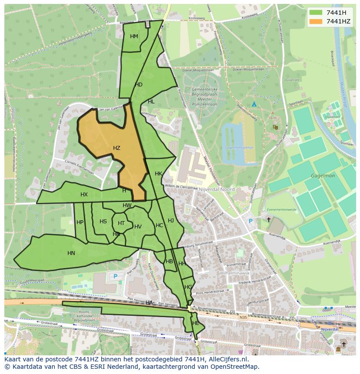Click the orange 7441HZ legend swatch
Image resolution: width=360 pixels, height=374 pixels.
point(316,21)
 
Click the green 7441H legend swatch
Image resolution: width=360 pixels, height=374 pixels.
point(316,13)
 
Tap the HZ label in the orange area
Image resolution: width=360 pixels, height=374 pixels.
point(117,148)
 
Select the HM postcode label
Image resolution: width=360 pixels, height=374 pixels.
point(134,36)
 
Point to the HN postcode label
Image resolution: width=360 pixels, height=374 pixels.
point(71,253)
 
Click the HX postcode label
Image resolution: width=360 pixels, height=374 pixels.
point(84,195)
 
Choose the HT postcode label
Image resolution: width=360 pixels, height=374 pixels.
point(121,223)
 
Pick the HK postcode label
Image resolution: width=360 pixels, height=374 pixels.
point(158,174)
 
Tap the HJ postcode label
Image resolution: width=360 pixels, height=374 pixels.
point(171,221)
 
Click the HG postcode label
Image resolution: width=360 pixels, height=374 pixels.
point(188,287)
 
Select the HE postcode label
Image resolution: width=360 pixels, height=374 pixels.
point(196,323)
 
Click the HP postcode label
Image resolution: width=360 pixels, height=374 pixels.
point(80,222)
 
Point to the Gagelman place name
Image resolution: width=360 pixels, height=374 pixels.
point(322,176)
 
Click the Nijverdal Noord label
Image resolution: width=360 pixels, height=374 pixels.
point(217,189)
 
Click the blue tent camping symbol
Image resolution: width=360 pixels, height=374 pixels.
point(254,104)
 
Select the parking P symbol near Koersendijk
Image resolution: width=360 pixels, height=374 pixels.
point(250,221)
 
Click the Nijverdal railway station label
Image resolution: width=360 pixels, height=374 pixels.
point(329,329)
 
